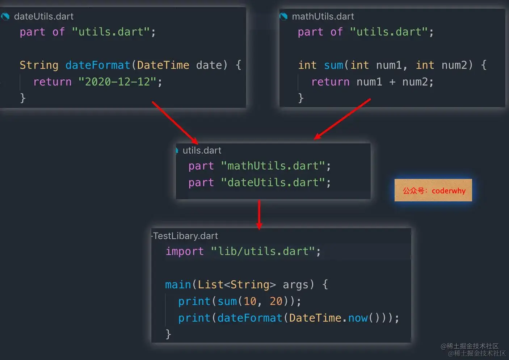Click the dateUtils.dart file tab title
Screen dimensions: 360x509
tap(43, 16)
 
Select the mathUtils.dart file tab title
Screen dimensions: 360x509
tap(323, 16)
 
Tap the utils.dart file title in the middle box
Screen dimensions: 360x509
tap(202, 150)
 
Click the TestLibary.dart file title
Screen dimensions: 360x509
tap(185, 236)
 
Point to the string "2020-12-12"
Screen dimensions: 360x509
tap(117, 82)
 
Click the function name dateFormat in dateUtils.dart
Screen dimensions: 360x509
tap(97, 65)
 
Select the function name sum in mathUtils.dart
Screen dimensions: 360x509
tap(333, 65)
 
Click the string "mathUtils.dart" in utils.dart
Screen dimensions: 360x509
tap(273, 166)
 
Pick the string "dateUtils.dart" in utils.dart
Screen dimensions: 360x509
tap(273, 183)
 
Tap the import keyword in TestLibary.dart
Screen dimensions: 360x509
tap(184, 251)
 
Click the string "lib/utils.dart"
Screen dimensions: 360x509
tap(263, 251)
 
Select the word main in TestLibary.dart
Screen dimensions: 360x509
tap(178, 285)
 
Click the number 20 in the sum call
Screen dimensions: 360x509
tap(276, 301)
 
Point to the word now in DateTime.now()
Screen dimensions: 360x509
tap(358, 318)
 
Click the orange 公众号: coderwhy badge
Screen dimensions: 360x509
tap(433, 191)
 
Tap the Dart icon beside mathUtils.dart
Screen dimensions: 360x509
tap(283, 16)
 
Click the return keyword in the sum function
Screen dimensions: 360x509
tap(330, 82)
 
